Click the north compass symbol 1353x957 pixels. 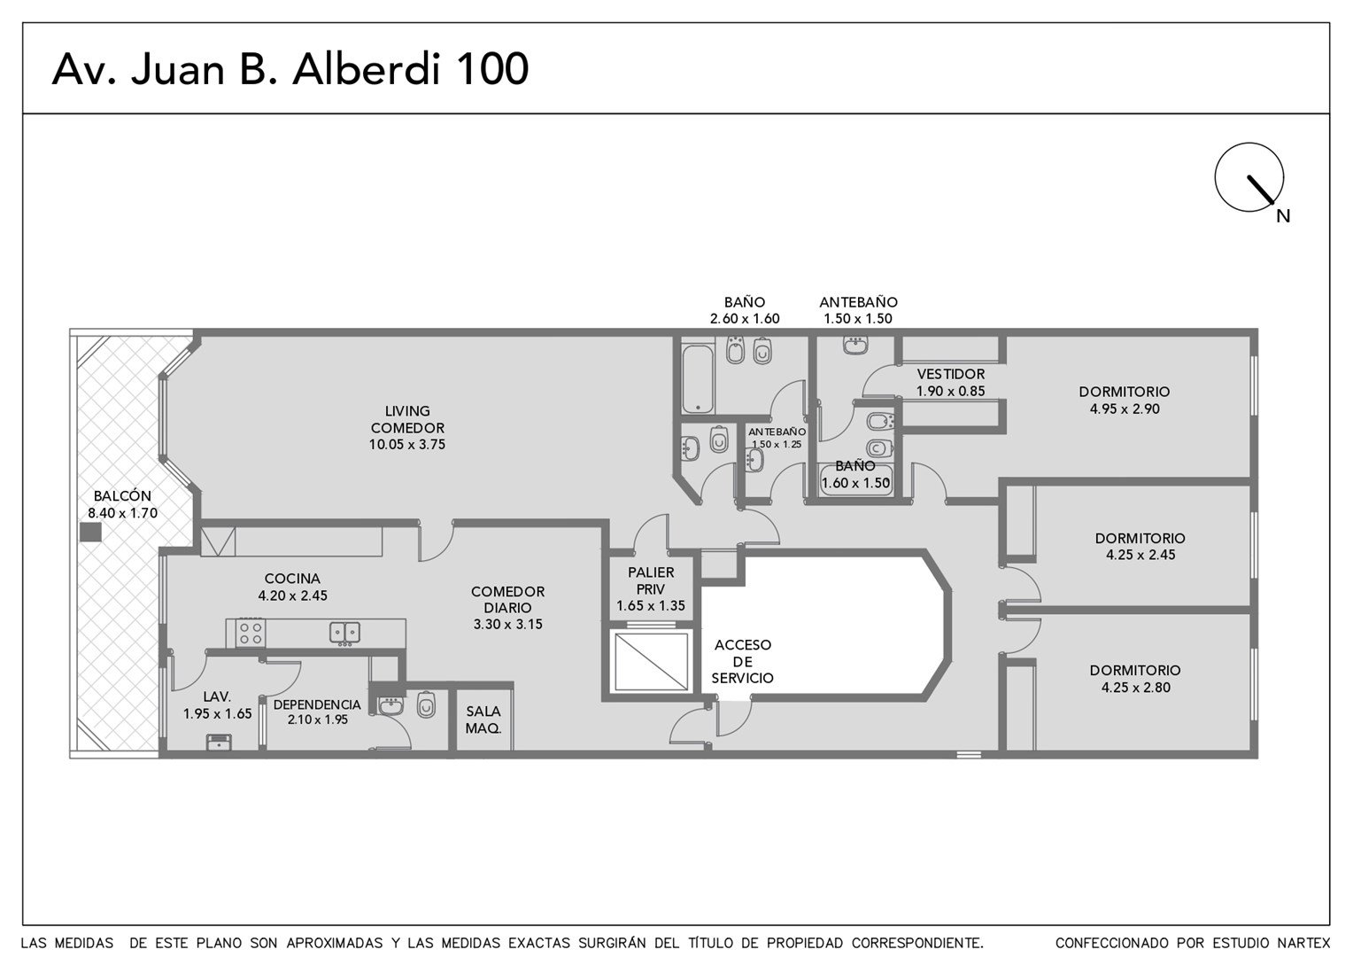1250,178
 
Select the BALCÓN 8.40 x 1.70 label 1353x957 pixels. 122,504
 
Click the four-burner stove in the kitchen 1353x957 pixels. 251,633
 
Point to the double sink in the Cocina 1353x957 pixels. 345,633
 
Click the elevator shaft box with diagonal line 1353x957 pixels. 651,661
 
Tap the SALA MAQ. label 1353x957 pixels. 483,720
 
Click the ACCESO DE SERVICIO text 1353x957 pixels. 742,661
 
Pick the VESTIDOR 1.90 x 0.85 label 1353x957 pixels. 951,382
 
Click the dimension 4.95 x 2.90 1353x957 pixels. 1125,408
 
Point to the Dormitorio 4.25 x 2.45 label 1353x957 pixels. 1140,546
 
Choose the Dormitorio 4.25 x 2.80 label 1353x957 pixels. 1135,678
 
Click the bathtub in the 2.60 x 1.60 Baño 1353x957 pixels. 698,378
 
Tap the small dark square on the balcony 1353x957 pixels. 90,532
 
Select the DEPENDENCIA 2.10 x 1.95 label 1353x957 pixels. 317,712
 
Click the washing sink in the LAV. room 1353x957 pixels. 219,743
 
